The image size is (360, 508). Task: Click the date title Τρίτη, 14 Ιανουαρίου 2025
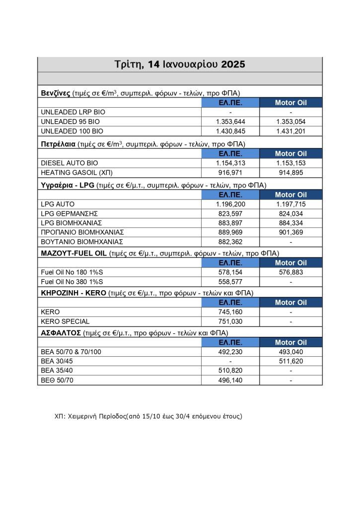click(180, 64)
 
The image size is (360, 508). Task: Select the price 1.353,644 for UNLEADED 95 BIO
click(230, 122)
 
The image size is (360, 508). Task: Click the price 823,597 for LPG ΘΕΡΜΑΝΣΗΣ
click(230, 213)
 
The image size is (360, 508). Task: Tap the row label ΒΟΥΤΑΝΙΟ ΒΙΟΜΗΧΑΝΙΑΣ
click(81, 242)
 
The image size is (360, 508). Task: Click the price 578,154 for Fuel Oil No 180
click(230, 272)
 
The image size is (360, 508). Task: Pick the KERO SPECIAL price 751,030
click(230, 321)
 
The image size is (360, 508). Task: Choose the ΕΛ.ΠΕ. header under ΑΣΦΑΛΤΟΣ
click(230, 342)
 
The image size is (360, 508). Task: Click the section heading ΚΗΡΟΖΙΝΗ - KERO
click(73, 293)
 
